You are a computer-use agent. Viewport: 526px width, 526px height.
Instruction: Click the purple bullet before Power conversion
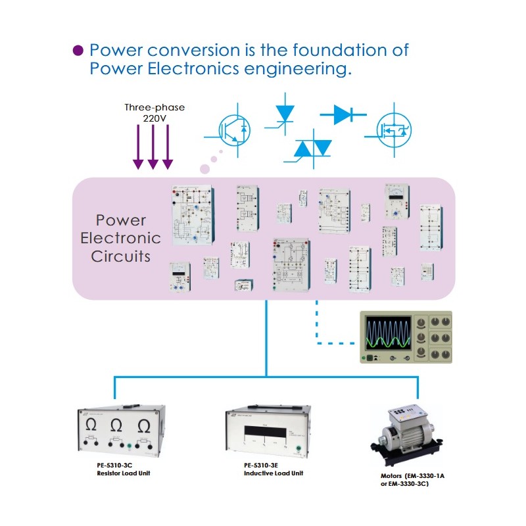[78, 51]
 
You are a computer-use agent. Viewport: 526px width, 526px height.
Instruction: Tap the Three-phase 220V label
[155, 112]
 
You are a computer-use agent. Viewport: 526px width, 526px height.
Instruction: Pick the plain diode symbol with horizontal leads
[343, 114]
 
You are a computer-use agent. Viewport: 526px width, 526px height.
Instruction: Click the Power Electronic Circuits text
[120, 238]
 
